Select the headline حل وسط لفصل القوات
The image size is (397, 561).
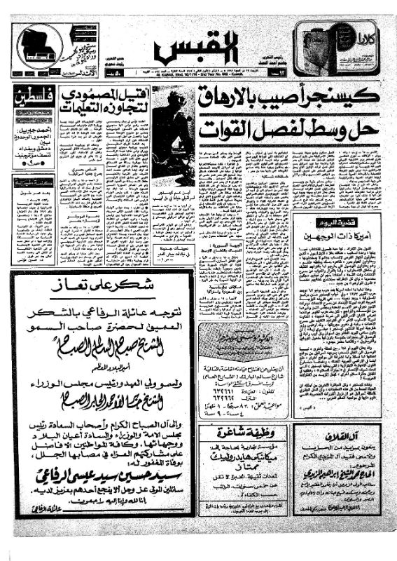[288, 128]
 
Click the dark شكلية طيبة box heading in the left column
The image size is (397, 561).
[34, 182]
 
